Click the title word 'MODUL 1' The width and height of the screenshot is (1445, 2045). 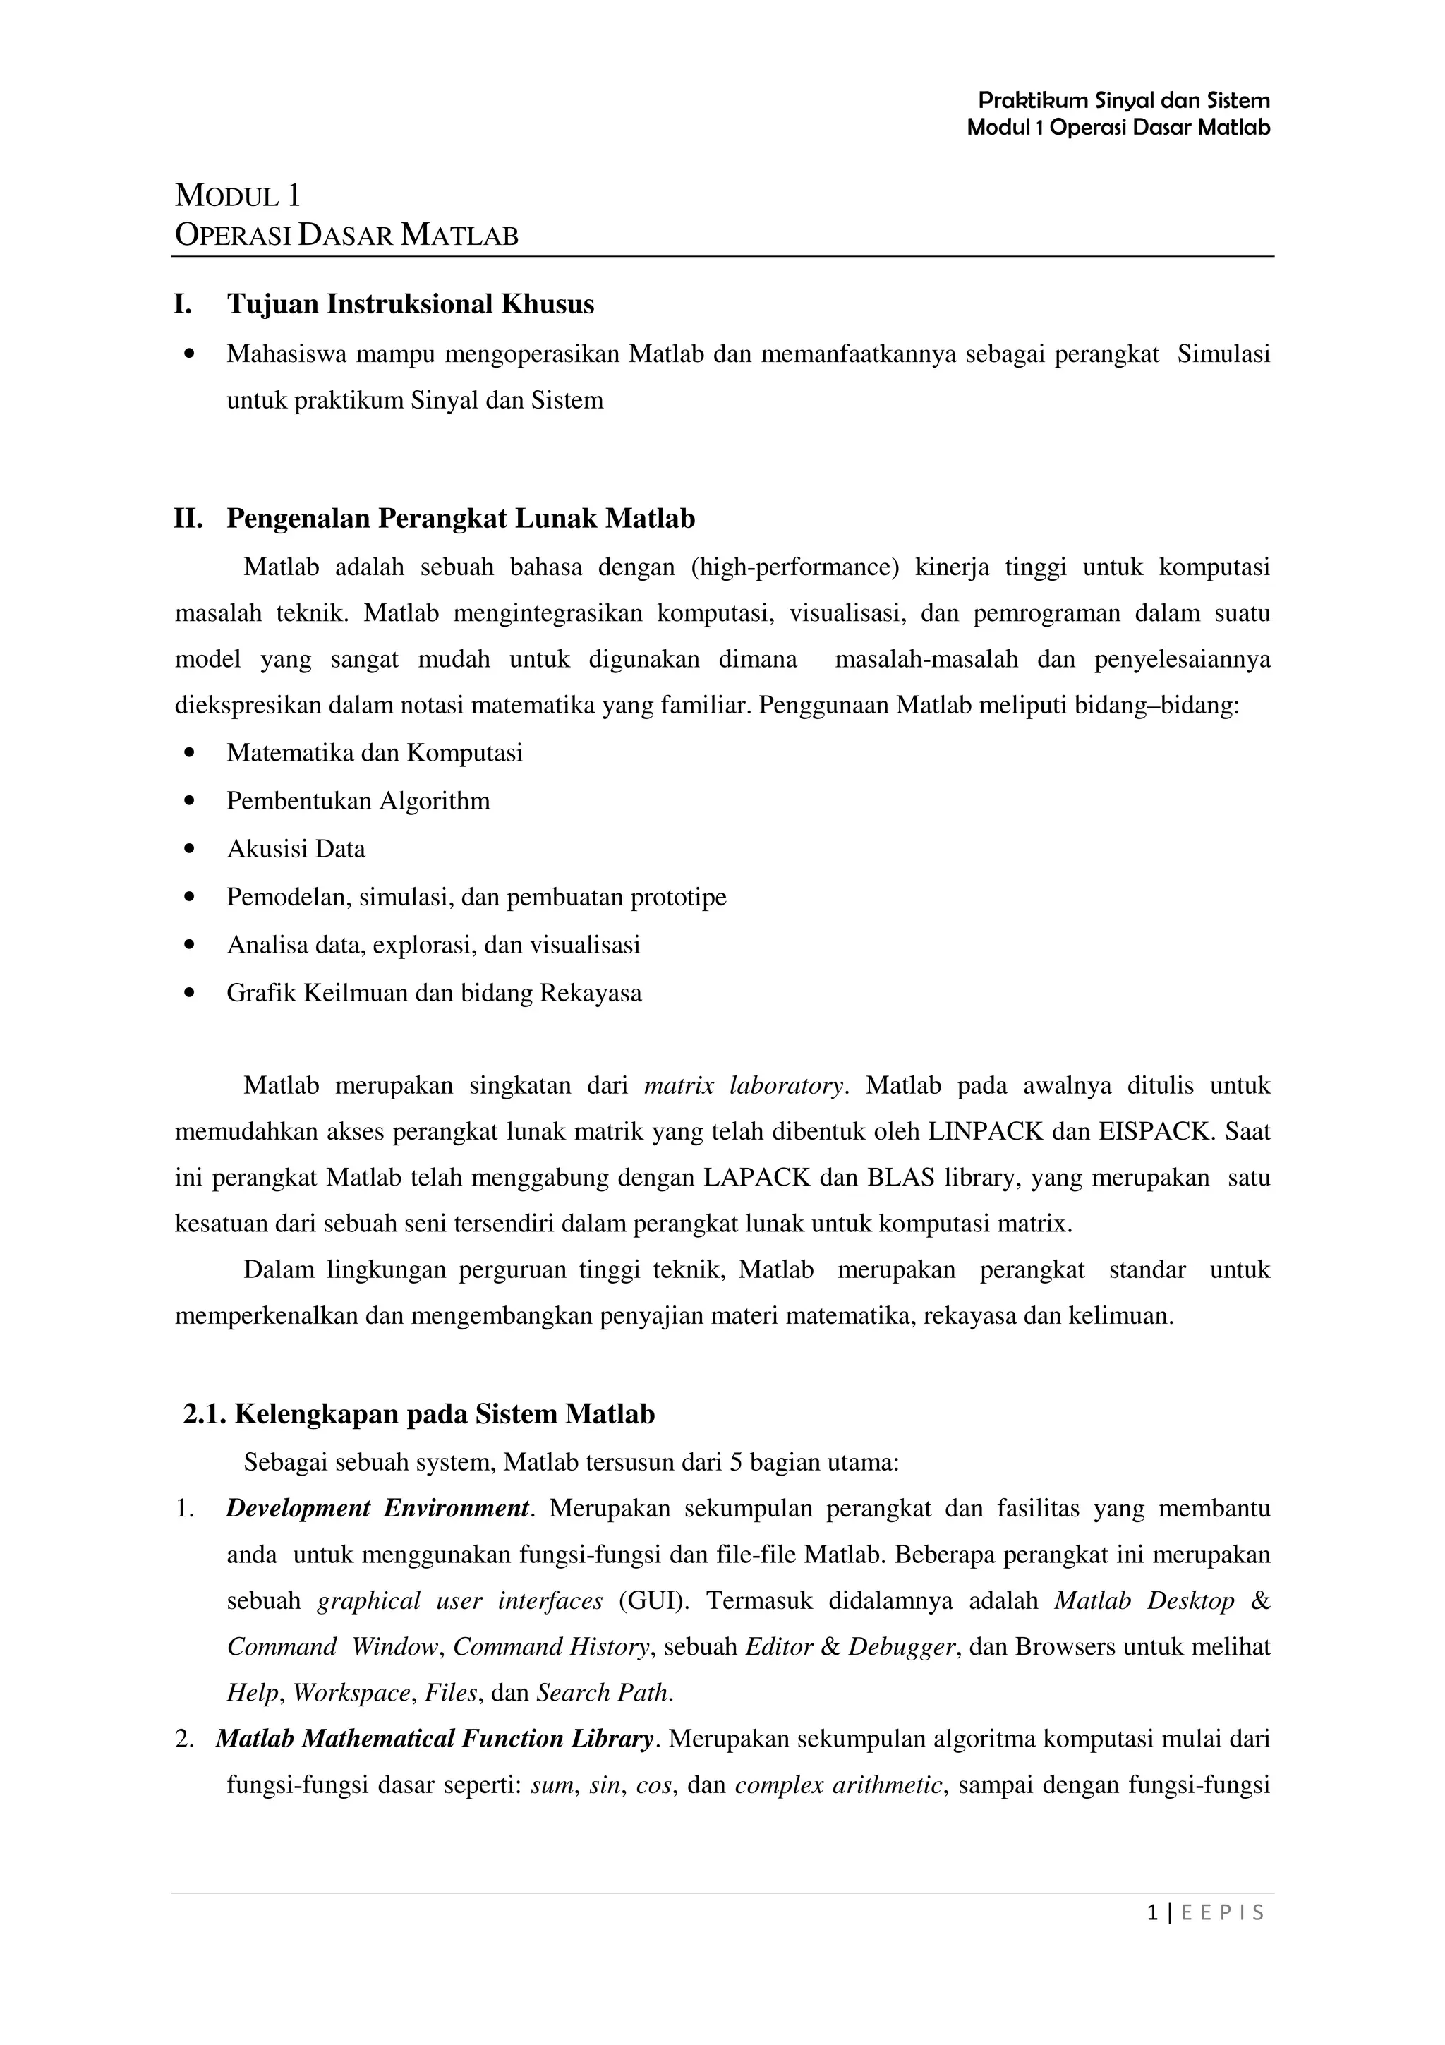click(238, 195)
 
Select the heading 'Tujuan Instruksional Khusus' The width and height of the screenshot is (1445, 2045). click(411, 305)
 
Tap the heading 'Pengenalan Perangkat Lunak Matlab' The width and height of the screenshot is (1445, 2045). click(460, 519)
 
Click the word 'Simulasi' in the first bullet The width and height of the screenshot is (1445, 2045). click(1223, 354)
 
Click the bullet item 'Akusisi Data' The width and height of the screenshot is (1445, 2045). click(296, 849)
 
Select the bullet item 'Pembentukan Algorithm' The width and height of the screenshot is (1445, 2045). click(358, 801)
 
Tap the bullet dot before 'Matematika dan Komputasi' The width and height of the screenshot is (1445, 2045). click(187, 754)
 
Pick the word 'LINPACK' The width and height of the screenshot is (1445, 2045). click(986, 1132)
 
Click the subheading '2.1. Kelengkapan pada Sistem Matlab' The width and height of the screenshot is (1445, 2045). click(419, 1414)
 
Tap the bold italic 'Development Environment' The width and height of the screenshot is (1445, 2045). click(378, 1509)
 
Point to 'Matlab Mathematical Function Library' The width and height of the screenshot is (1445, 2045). click(435, 1739)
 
